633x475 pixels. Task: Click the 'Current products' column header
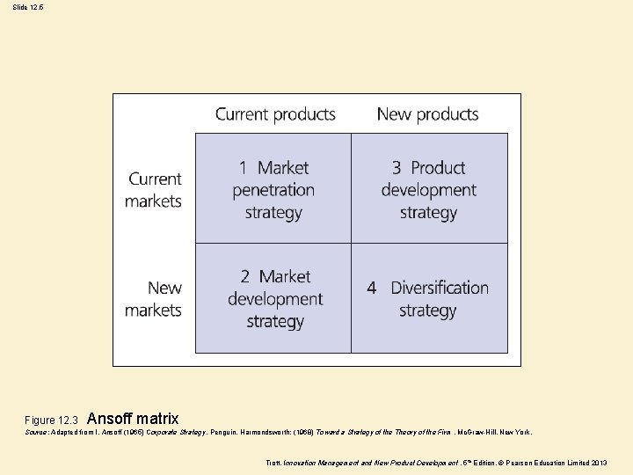click(x=275, y=114)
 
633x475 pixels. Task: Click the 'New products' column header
click(x=427, y=114)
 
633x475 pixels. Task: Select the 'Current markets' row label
click(x=154, y=190)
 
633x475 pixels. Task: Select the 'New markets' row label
click(x=154, y=299)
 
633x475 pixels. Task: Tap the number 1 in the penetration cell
click(x=243, y=168)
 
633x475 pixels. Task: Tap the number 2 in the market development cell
click(x=246, y=277)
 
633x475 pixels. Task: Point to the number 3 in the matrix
click(x=397, y=168)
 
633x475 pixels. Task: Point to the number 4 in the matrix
click(x=372, y=289)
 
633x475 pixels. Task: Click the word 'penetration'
click(x=273, y=190)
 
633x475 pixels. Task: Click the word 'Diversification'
click(x=440, y=289)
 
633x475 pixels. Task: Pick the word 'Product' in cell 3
click(x=438, y=168)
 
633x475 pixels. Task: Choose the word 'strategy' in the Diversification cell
click(x=428, y=311)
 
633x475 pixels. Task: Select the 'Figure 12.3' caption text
click(x=52, y=420)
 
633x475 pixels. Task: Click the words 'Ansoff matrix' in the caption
click(x=133, y=419)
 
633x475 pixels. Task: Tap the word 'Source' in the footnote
click(x=37, y=433)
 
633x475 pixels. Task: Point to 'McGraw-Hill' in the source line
click(x=478, y=433)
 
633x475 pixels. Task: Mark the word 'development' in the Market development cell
click(x=275, y=299)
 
